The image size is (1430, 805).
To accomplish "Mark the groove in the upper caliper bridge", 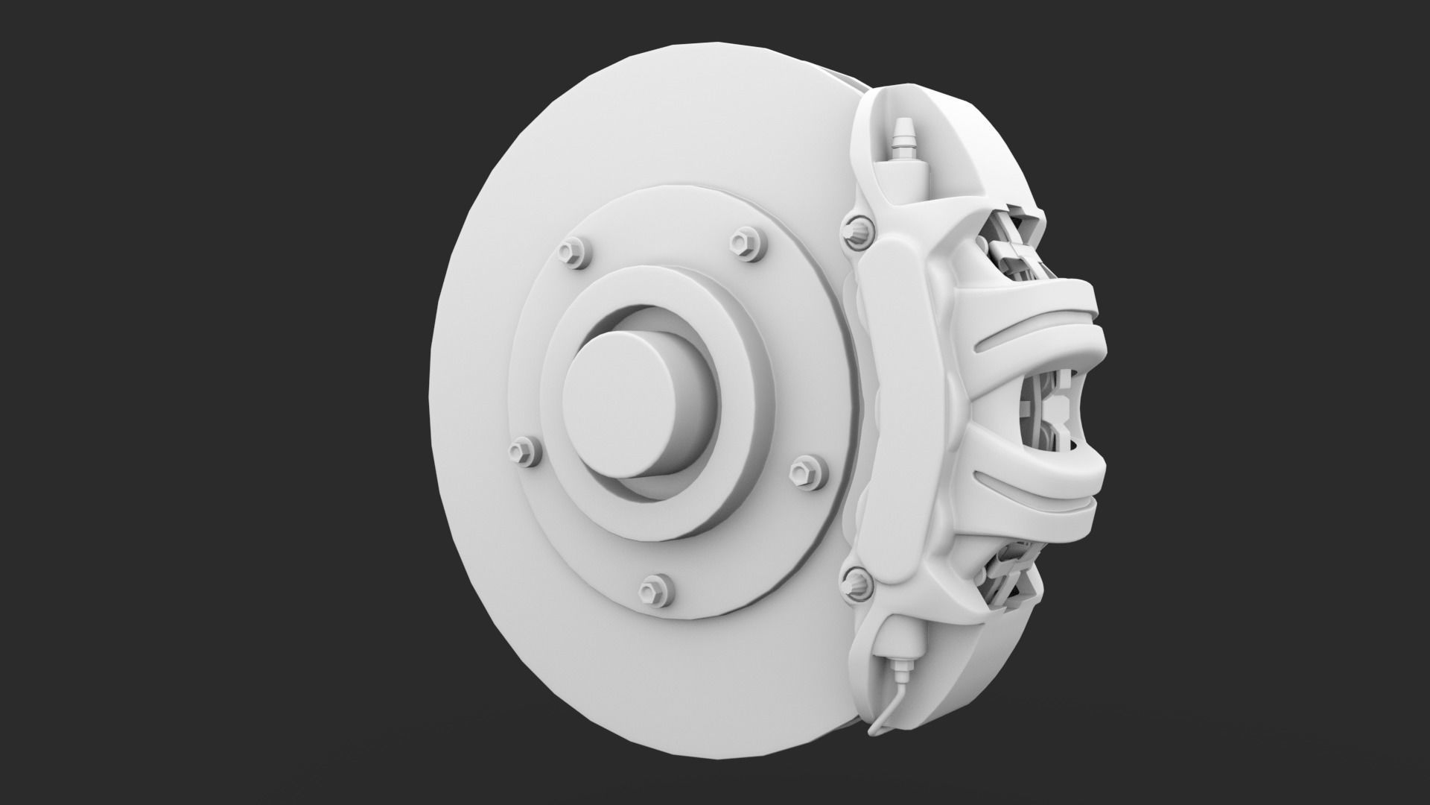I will (x=1020, y=334).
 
